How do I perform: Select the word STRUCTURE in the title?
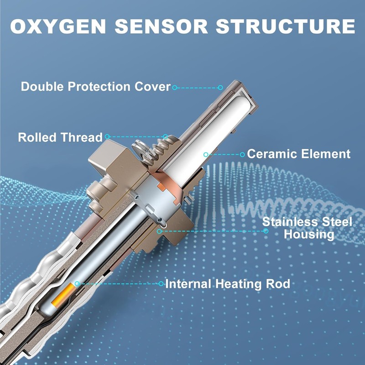(285, 26)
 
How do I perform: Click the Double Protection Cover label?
(96, 86)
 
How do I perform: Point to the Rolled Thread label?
(61, 137)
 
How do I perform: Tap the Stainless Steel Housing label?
(307, 228)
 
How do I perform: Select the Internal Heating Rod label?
(227, 284)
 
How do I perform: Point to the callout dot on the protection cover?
(220, 87)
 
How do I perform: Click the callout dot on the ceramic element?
(206, 154)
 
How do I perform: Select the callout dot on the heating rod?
(77, 283)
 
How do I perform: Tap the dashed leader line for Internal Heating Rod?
(119, 283)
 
